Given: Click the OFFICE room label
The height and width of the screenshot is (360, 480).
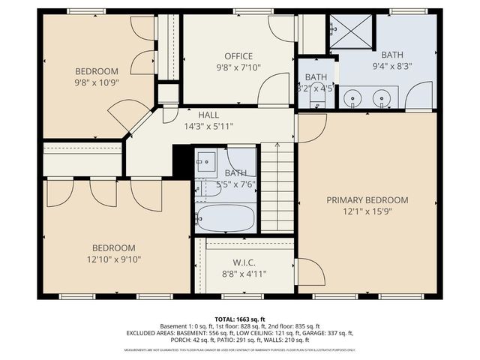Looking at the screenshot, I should pos(238,56).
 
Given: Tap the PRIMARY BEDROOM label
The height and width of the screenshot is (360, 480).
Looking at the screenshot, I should pos(367,200).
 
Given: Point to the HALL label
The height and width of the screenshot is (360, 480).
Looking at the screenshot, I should pos(208,115).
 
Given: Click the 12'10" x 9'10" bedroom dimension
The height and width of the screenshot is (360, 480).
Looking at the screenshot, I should pos(113,259).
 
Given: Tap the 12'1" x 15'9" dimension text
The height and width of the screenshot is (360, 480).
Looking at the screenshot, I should pos(367,212).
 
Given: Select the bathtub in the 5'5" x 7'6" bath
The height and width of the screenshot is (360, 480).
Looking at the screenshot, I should pos(226,218).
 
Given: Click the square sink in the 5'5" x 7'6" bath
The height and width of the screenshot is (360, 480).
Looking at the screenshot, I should pos(205,161).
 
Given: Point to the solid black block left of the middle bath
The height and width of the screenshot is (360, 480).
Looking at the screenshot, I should pos(183,161).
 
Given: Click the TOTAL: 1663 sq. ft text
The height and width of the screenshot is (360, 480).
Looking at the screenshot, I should pos(240,319).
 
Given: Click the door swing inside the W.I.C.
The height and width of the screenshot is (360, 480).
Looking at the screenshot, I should pos(306,271).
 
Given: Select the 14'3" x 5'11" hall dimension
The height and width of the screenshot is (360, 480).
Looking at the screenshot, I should pos(208,127).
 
